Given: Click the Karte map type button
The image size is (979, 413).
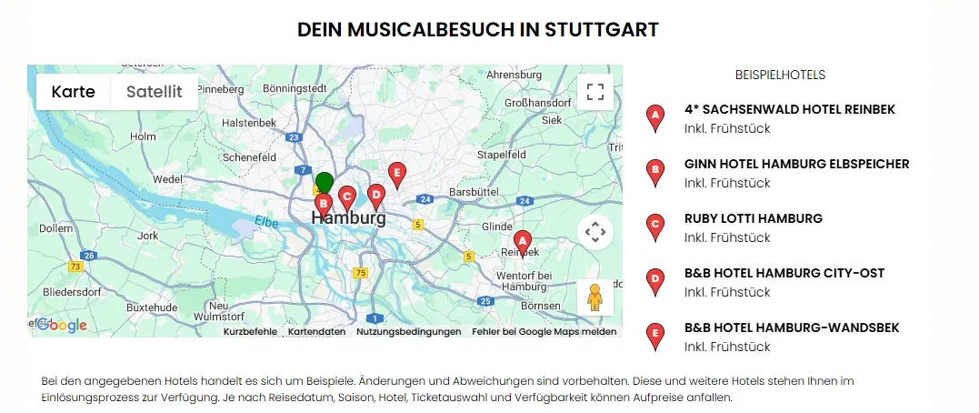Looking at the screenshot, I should [x=73, y=92].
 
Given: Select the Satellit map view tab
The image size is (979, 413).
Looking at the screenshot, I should [x=155, y=92].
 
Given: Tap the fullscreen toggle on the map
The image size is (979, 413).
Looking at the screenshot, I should [x=595, y=92].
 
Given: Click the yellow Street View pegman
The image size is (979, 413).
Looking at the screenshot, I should [x=595, y=297].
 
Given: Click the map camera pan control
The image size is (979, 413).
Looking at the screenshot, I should [x=595, y=232].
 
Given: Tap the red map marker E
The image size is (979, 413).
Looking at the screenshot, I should [x=396, y=174].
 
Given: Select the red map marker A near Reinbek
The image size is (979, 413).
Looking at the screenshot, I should [x=522, y=242].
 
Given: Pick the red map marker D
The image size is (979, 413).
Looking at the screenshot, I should [x=375, y=195].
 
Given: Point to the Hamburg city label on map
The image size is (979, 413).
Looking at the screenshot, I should [x=348, y=218].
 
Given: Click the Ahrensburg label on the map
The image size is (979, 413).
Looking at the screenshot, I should [x=514, y=75].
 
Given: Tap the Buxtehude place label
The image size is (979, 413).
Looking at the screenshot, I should [x=151, y=307].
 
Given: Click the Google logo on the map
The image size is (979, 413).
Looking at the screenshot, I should [x=61, y=326].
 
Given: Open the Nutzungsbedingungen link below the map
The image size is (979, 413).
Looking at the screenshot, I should [x=408, y=332].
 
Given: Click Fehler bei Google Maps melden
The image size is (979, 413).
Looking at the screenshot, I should [x=544, y=332].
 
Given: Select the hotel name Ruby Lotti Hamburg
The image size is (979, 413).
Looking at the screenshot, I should [x=753, y=218].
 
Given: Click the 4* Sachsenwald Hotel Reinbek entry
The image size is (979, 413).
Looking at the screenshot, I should [x=789, y=109].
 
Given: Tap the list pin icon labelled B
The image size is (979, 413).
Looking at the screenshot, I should [x=654, y=171].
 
